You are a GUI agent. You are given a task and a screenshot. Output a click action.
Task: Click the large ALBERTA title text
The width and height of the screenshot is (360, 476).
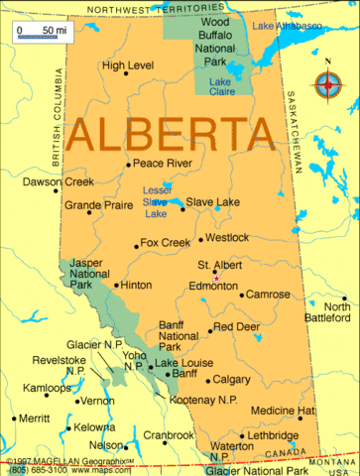(x=172, y=133)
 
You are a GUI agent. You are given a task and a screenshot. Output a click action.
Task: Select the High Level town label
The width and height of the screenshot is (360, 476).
(x=128, y=65)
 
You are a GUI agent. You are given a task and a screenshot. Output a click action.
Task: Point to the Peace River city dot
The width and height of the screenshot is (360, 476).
(x=128, y=164)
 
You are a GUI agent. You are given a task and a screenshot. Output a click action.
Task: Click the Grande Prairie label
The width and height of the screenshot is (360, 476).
(x=97, y=205)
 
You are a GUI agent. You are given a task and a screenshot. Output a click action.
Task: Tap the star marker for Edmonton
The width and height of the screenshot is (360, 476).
(x=216, y=278)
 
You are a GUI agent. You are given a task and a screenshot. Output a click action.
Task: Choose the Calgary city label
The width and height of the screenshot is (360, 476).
(x=231, y=379)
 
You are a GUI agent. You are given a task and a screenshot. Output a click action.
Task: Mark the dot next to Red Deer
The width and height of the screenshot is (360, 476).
(x=209, y=329)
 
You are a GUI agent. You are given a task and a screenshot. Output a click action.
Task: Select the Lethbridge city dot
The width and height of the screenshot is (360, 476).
(x=242, y=435)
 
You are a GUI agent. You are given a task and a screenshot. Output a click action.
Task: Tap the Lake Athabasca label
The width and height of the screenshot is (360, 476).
(x=287, y=25)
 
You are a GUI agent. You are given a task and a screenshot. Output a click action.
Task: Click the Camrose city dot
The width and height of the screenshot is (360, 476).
(x=240, y=295)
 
